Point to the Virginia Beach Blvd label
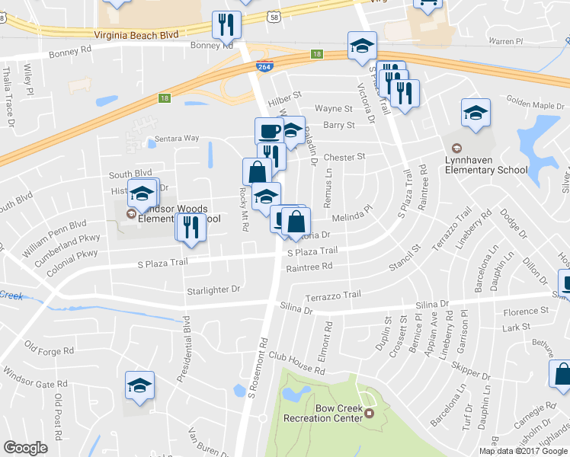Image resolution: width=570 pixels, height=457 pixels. click(x=136, y=35)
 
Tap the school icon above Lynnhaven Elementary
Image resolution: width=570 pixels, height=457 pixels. click(x=476, y=113)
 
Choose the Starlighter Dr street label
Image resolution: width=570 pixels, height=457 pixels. click(x=213, y=289)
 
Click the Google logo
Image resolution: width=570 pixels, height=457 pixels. click(x=25, y=448)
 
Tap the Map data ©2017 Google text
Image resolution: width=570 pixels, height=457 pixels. click(x=523, y=451)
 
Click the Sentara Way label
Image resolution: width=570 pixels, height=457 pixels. click(x=177, y=139)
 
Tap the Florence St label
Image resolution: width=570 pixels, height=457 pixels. click(x=526, y=312)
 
